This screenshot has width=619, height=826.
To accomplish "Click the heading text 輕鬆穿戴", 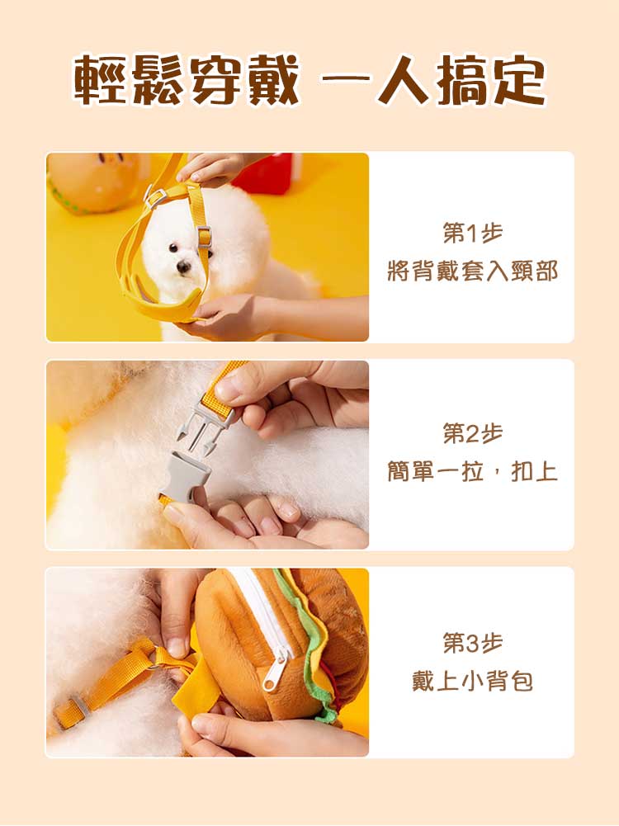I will pyautogui.click(x=187, y=80).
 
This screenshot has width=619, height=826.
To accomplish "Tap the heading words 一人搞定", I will pyautogui.click(x=433, y=80).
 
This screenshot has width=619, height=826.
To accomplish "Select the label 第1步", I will pyautogui.click(x=472, y=233).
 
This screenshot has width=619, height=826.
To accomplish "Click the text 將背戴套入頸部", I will pyautogui.click(x=472, y=271).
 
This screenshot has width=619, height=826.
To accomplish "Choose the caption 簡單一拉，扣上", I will pyautogui.click(x=472, y=471).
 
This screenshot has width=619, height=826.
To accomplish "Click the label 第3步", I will pyautogui.click(x=472, y=642).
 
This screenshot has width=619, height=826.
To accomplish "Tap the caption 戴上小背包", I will pyautogui.click(x=472, y=682).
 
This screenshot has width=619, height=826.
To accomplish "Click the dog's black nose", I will pyautogui.click(x=183, y=267).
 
